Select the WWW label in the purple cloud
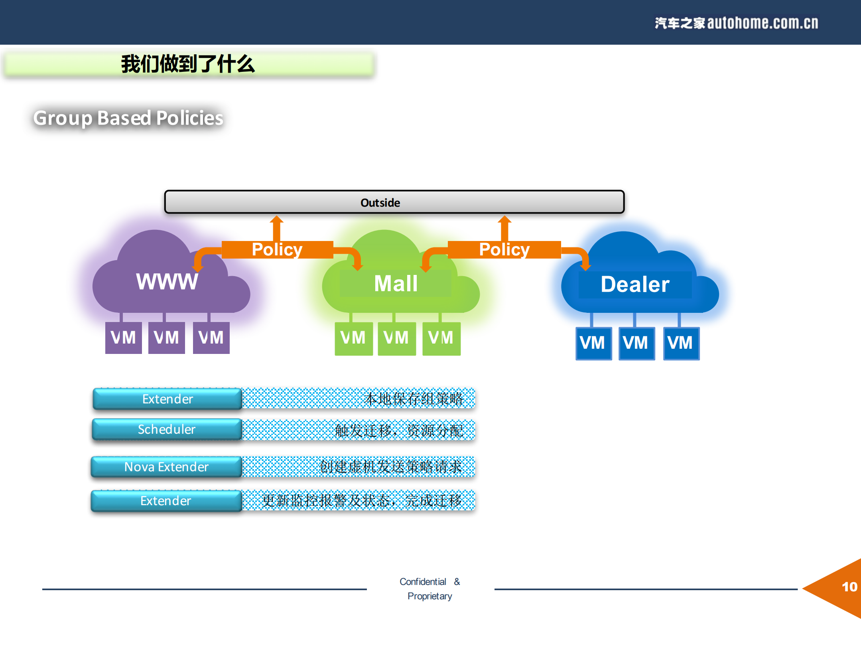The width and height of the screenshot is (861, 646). [167, 281]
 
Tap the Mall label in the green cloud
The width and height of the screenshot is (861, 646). [396, 284]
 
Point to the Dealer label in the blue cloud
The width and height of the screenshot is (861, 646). [635, 284]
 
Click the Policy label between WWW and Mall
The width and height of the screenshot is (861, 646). [277, 250]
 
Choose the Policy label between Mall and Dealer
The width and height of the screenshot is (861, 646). [504, 250]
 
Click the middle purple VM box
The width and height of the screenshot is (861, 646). [166, 338]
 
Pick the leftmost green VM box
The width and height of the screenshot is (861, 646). [353, 338]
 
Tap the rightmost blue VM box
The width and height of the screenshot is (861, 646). [681, 343]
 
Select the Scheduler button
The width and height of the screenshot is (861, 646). [167, 429]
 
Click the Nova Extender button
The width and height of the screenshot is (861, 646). [166, 467]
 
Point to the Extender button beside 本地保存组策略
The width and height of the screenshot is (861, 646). [167, 399]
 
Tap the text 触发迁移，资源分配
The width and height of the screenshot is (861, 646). [399, 431]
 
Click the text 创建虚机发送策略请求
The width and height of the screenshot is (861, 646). [391, 467]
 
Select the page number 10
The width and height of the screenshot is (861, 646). [849, 587]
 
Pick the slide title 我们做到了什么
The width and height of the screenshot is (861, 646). [188, 64]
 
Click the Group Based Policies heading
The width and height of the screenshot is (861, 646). [128, 118]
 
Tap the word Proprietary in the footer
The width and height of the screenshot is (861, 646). [430, 596]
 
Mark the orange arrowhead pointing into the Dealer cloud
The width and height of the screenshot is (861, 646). [585, 266]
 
